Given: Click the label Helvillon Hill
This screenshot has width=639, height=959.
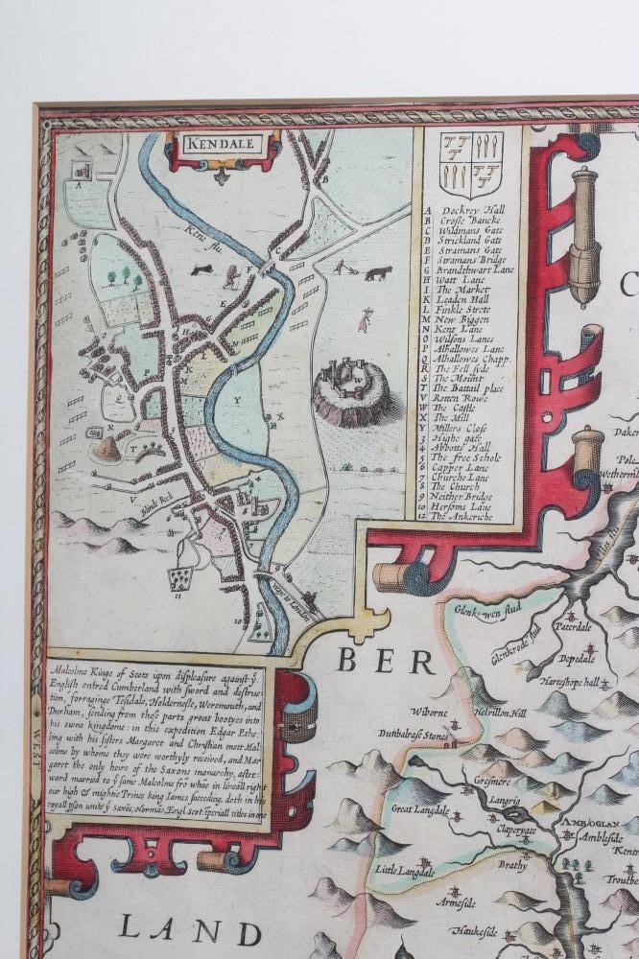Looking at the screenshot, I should point(500,713).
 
